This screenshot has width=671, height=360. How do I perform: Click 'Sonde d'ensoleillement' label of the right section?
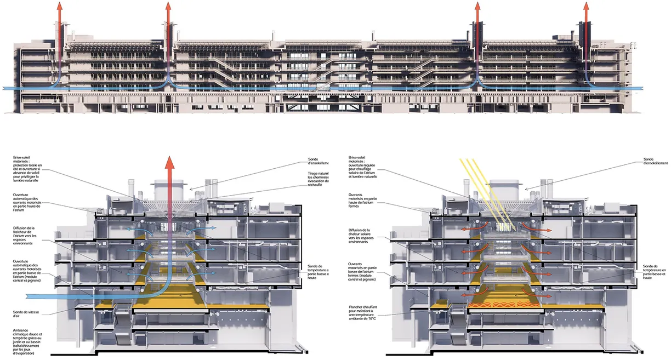click(656, 163)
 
